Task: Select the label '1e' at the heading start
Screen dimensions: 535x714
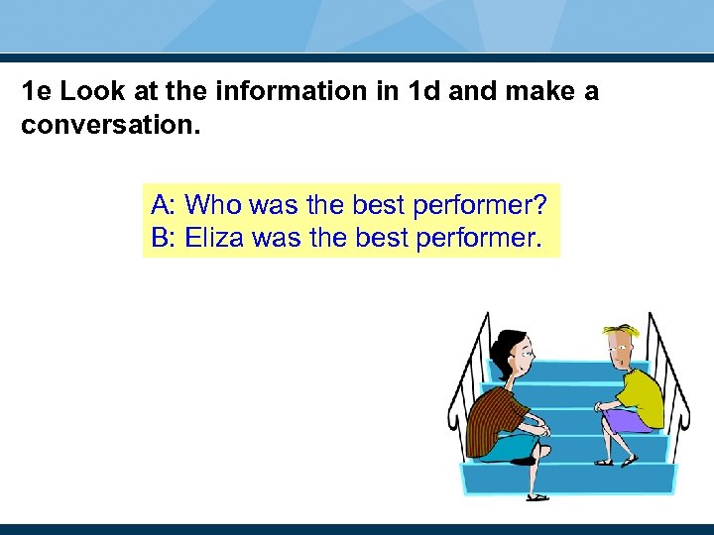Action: coord(38,92)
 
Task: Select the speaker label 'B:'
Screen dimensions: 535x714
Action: coord(163,238)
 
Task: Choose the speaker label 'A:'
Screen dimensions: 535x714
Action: coord(164,205)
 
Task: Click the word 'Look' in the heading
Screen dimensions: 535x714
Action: coord(90,92)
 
